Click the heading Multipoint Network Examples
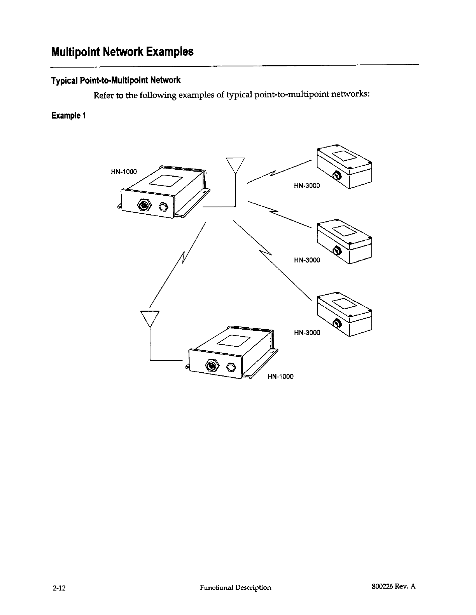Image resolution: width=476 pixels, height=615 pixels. click(122, 52)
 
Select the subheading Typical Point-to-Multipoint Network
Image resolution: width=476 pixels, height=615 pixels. click(115, 81)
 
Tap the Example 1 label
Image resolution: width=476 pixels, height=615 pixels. click(68, 116)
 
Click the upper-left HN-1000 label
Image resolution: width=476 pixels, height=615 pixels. click(124, 172)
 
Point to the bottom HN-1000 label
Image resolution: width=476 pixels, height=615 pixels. click(280, 377)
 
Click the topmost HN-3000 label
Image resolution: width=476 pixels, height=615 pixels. click(307, 186)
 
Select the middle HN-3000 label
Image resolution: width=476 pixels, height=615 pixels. click(307, 260)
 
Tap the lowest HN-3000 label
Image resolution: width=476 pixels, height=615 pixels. click(307, 332)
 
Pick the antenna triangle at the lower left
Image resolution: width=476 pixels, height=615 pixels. click(150, 318)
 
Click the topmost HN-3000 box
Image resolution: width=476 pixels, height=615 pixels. click(345, 166)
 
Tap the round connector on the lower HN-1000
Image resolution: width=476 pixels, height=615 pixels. click(212, 366)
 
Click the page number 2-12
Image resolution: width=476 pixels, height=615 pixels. click(59, 587)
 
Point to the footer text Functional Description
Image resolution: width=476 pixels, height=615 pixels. click(235, 587)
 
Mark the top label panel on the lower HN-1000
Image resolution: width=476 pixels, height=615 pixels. click(233, 340)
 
